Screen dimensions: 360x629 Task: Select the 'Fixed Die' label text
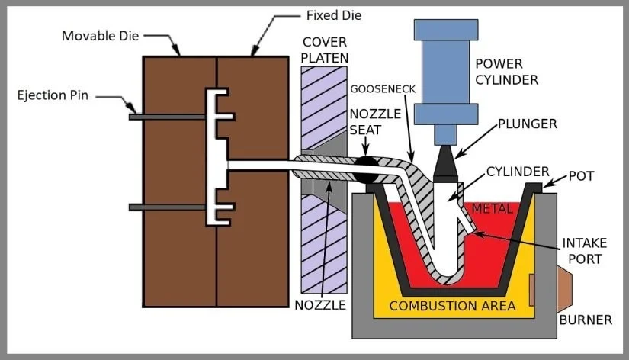tap(334, 15)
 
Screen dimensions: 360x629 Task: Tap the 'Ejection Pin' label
tap(54, 95)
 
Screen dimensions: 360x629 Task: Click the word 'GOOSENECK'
tap(383, 89)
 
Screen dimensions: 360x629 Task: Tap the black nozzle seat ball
tap(366, 169)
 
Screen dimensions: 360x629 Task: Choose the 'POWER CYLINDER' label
tap(506, 71)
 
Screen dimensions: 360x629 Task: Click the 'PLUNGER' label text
tap(525, 122)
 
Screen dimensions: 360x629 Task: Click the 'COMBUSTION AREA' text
tap(452, 306)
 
